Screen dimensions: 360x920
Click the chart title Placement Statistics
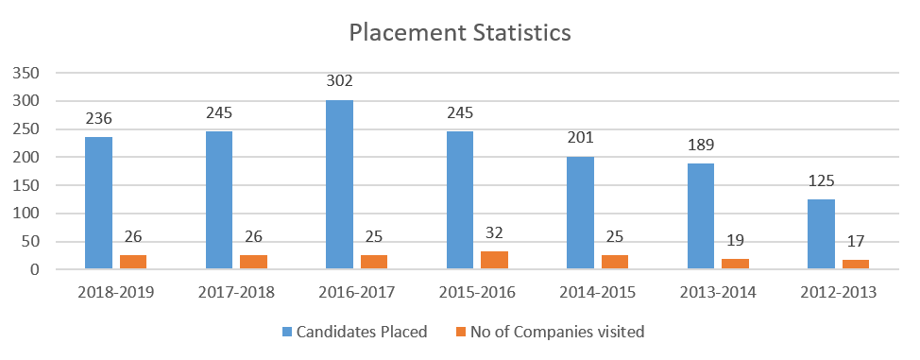pyautogui.click(x=459, y=32)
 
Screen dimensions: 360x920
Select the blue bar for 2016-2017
pyautogui.click(x=339, y=185)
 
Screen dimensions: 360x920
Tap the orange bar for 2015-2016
pyautogui.click(x=495, y=261)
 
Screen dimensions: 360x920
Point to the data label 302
pyautogui.click(x=339, y=83)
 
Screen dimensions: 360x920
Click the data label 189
pyautogui.click(x=701, y=146)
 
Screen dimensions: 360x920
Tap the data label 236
pyautogui.click(x=98, y=120)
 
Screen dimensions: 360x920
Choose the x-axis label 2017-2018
pyautogui.click(x=236, y=293)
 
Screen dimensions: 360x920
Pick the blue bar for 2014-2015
pyautogui.click(x=580, y=214)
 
